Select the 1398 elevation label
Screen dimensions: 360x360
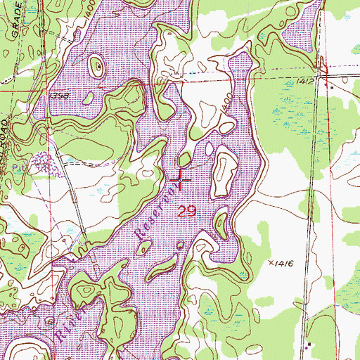[x=59, y=94]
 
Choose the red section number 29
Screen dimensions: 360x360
[x=186, y=210]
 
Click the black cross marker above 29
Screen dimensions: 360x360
[x=181, y=182]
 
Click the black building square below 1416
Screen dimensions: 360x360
[x=309, y=344]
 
